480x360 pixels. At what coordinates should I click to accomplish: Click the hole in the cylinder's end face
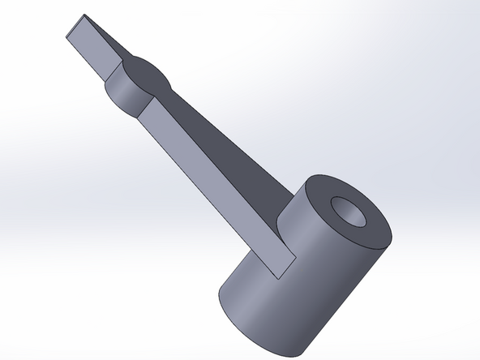click(350, 213)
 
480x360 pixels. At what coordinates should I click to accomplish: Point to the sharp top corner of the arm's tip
click(82, 15)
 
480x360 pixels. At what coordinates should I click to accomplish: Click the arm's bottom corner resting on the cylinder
click(280, 276)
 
